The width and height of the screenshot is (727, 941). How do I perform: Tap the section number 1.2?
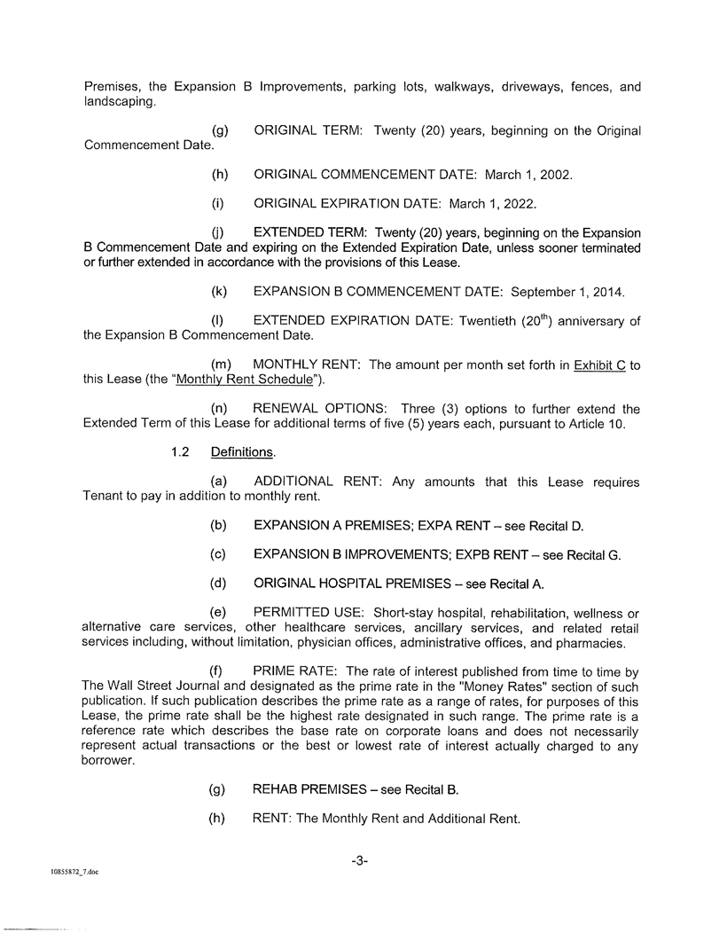(180, 452)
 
